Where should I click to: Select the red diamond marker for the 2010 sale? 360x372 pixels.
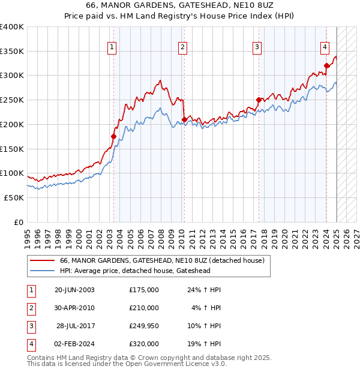coord(184,119)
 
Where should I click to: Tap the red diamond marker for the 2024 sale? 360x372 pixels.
coord(326,66)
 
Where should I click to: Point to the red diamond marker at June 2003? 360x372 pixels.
coord(113,137)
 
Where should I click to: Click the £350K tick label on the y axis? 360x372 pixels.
coord(12,52)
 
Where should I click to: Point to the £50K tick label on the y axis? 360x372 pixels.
coord(14,197)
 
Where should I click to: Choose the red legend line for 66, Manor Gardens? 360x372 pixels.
coord(42,261)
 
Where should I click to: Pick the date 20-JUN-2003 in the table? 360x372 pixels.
coord(74,290)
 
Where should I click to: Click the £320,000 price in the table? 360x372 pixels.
coord(143,344)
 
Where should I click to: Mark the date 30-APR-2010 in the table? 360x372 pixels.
coord(74,308)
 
